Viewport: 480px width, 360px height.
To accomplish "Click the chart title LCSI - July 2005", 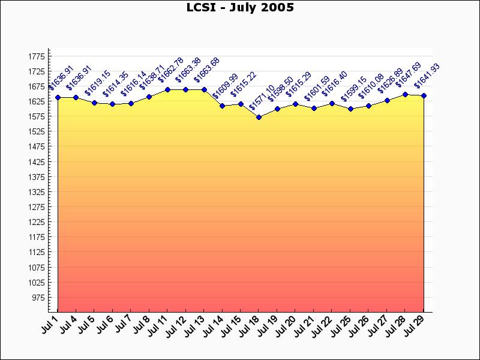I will click(240, 8).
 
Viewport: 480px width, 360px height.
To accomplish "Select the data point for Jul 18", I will click(259, 117).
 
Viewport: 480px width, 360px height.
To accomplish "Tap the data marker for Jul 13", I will click(204, 89).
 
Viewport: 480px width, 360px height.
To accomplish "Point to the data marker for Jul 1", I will click(58, 97).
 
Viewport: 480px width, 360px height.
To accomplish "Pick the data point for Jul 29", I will click(424, 96).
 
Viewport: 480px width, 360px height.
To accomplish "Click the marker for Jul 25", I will click(350, 109).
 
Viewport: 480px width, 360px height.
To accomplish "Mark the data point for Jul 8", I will click(149, 97).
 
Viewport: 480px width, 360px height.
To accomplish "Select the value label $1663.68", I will click(207, 70).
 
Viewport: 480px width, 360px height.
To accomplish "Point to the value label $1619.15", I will click(97, 83).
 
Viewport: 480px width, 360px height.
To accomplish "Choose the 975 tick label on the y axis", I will click(38, 298).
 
